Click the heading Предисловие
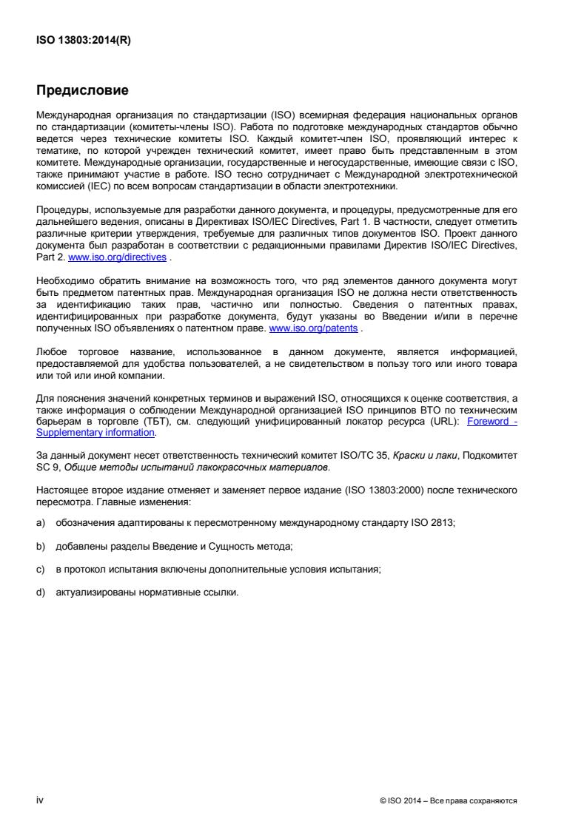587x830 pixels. pos(82,92)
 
